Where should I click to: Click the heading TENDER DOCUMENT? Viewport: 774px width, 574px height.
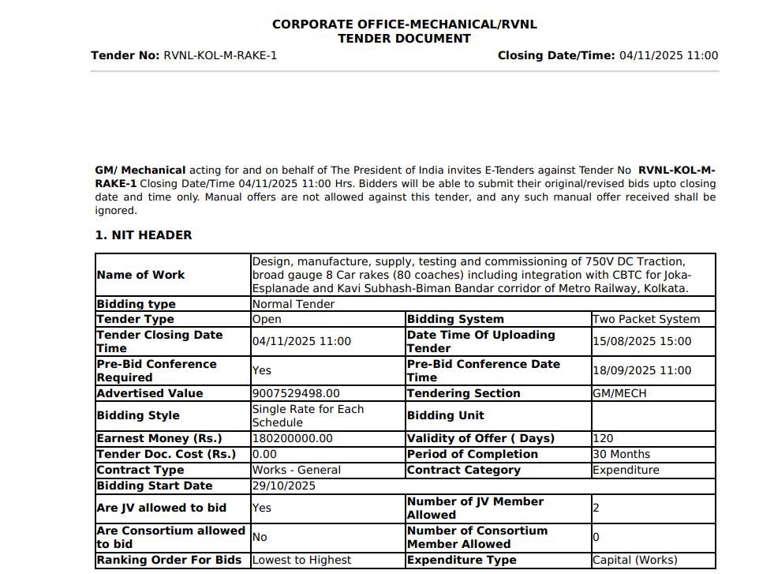(404, 39)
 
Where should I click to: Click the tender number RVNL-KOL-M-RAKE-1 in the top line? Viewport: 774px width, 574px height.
(220, 55)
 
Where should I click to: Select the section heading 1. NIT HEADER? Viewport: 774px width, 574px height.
(143, 235)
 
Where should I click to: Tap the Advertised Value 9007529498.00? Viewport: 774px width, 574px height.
(296, 393)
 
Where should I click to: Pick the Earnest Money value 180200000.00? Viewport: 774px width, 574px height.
(293, 438)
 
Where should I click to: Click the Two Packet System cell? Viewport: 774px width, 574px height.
(646, 320)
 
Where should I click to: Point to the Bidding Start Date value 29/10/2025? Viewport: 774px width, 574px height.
(284, 486)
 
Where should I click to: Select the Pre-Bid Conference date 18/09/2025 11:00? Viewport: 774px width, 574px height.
(641, 370)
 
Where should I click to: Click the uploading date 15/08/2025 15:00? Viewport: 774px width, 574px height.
(641, 341)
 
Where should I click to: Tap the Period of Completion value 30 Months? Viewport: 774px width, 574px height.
(621, 454)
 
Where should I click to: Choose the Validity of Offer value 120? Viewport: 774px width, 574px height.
(603, 438)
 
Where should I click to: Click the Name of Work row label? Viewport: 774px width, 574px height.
(140, 275)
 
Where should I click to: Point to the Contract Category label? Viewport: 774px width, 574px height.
(464, 470)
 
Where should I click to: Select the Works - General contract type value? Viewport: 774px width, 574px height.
(297, 470)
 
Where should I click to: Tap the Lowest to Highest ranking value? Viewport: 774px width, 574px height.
(301, 560)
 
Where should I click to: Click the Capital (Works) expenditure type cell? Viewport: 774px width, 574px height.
(634, 560)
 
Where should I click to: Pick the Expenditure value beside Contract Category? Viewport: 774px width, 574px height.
(626, 470)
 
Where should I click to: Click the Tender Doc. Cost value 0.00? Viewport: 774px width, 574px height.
(264, 454)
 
